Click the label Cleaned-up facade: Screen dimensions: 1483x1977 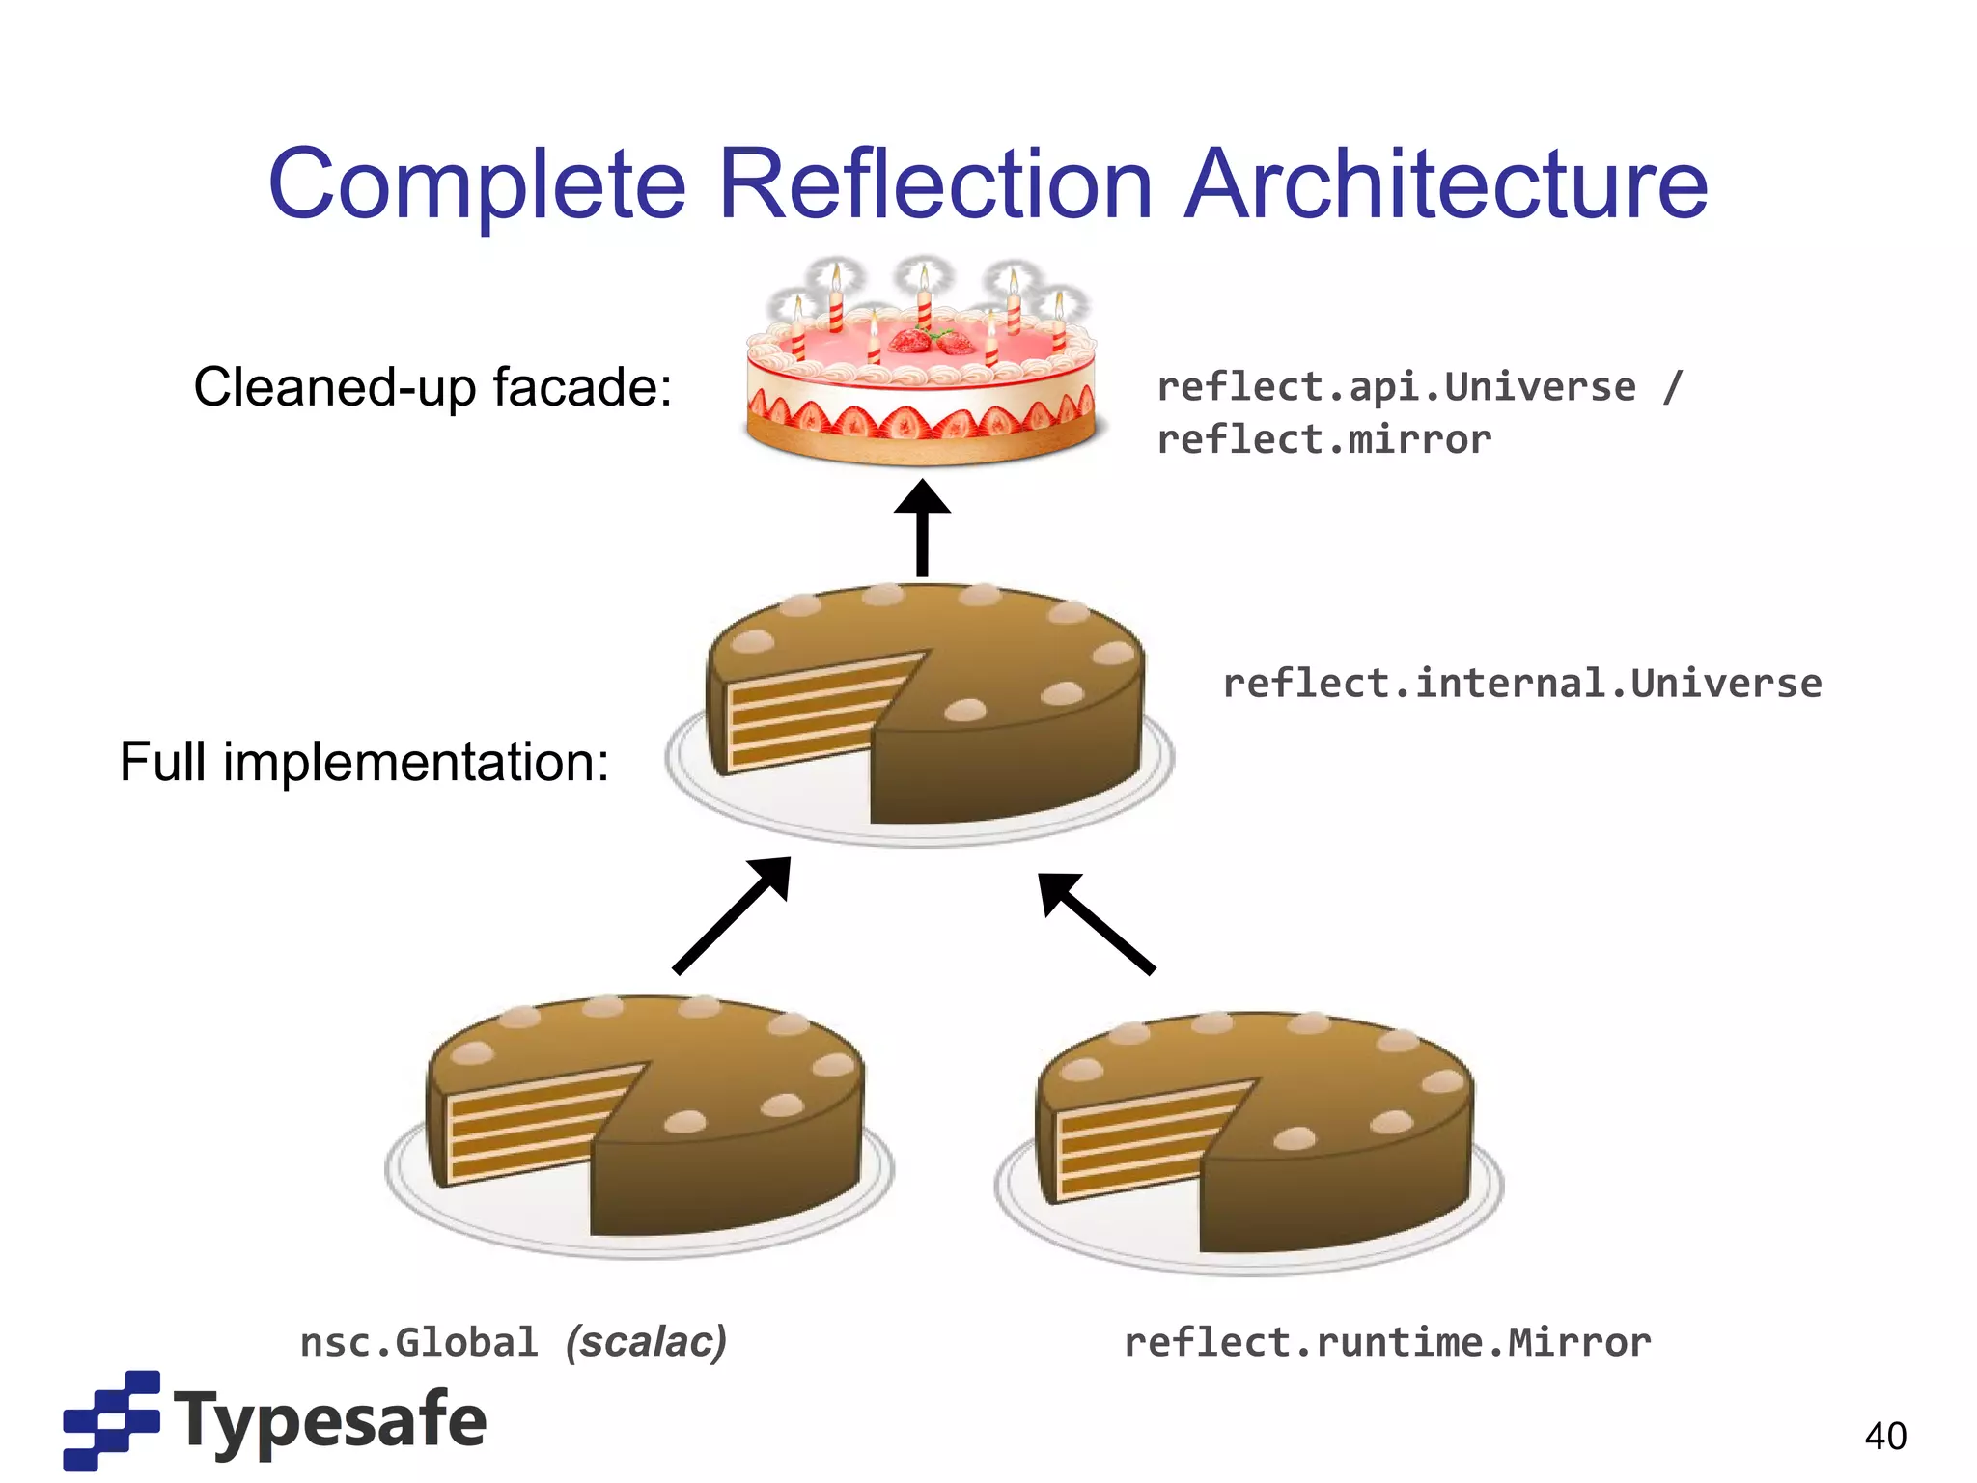pos(432,387)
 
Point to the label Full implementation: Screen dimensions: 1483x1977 pos(365,762)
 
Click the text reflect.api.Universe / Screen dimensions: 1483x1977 pos(1419,387)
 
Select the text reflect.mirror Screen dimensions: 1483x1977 pos(1323,440)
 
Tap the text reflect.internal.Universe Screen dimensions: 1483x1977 pos(1521,684)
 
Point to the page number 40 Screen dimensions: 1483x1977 pos(1884,1436)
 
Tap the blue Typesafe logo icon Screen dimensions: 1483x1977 pos(111,1419)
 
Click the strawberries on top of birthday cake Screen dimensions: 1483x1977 pos(933,340)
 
